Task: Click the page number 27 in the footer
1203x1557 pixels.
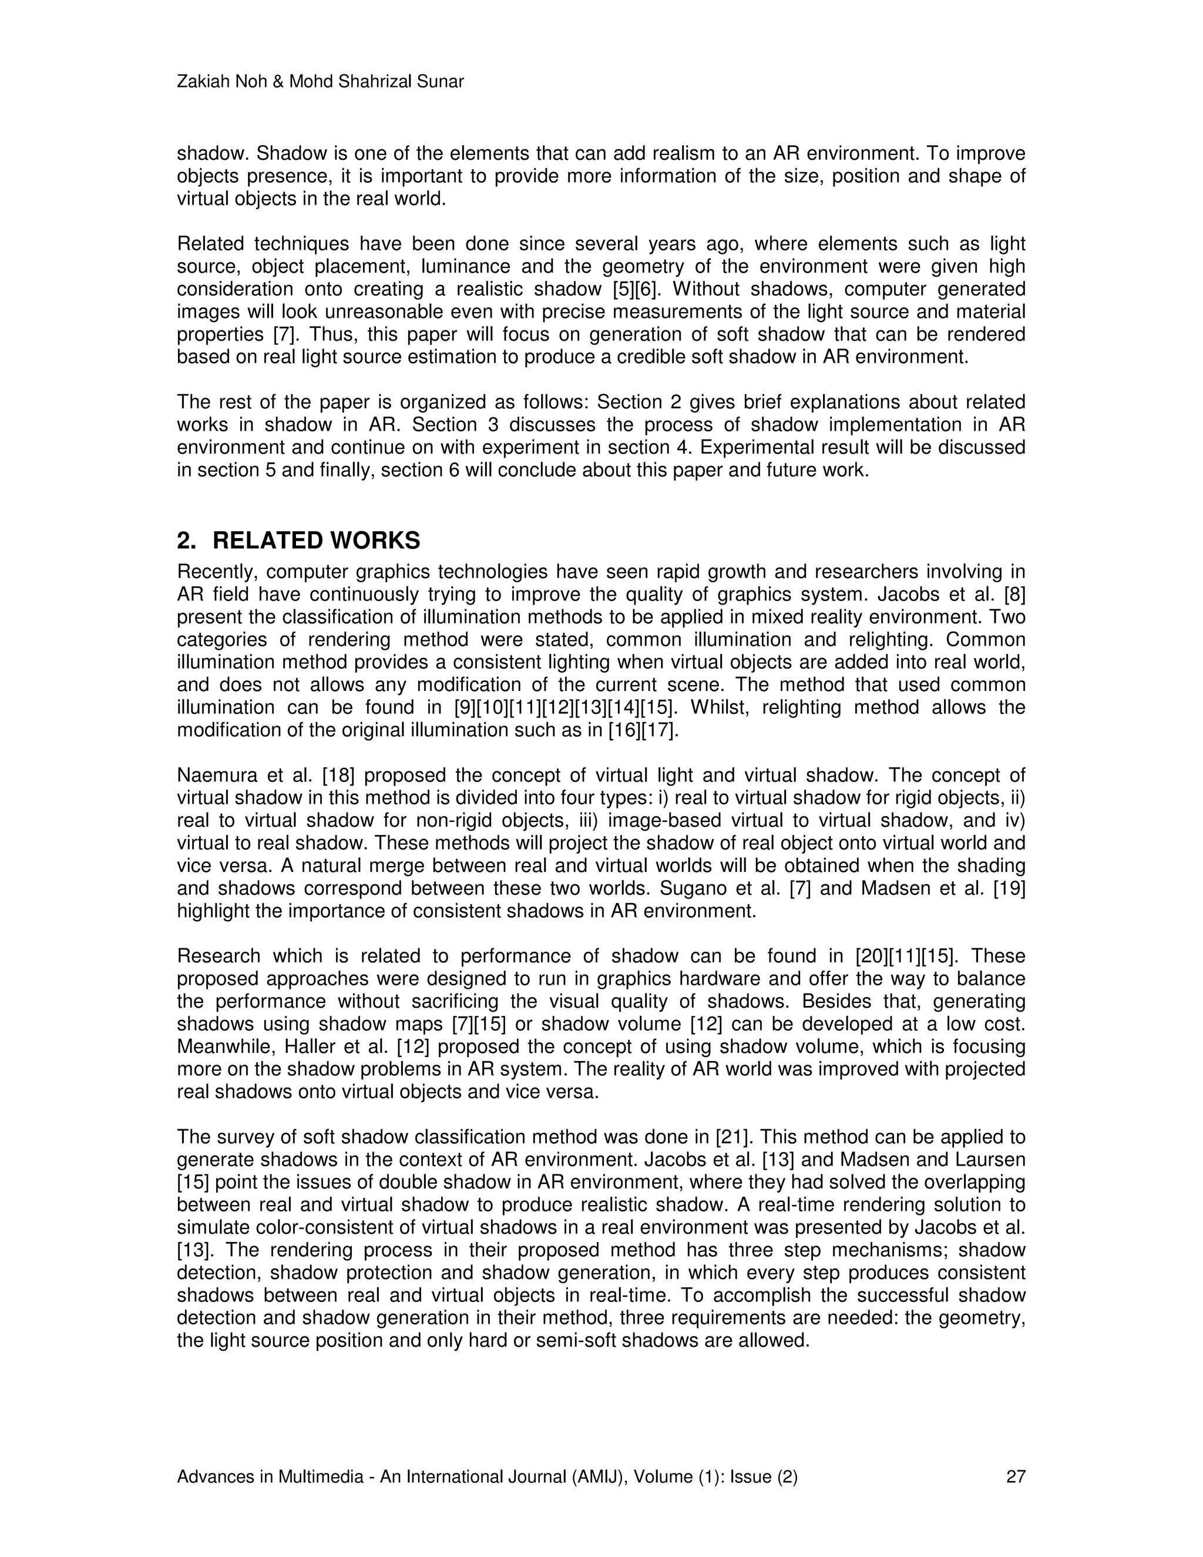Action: pos(1015,1477)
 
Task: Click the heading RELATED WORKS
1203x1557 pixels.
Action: pos(317,541)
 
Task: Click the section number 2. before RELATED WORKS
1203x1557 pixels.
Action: pos(187,541)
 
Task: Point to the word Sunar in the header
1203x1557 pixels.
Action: pos(442,82)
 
